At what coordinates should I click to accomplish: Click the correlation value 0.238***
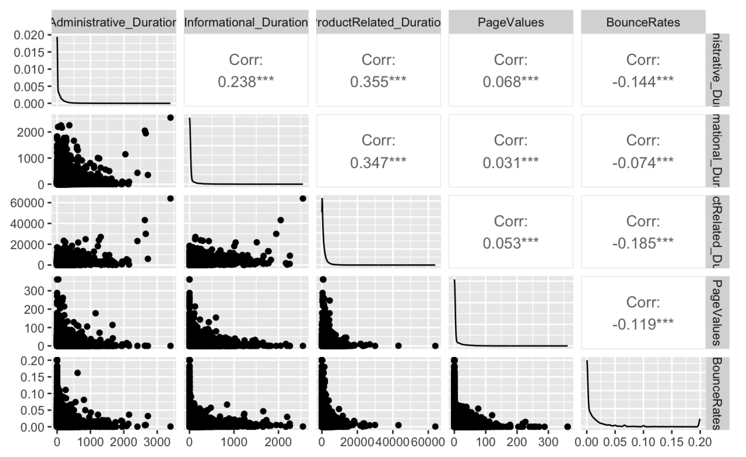(246, 82)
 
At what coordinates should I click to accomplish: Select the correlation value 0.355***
(378, 82)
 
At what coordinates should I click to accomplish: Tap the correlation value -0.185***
(643, 243)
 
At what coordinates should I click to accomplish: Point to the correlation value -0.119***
(643, 324)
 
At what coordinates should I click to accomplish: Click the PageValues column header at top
(511, 22)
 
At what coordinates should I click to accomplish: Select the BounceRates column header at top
(643, 22)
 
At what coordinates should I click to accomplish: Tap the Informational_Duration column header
(246, 22)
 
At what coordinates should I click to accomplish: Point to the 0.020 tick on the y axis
(29, 35)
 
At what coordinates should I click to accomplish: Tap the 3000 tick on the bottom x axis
(157, 442)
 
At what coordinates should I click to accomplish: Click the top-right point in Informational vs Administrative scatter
(170, 118)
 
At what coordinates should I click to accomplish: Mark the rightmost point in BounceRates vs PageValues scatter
(567, 426)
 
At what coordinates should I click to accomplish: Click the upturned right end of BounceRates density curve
(699, 420)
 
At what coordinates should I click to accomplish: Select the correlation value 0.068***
(511, 82)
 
